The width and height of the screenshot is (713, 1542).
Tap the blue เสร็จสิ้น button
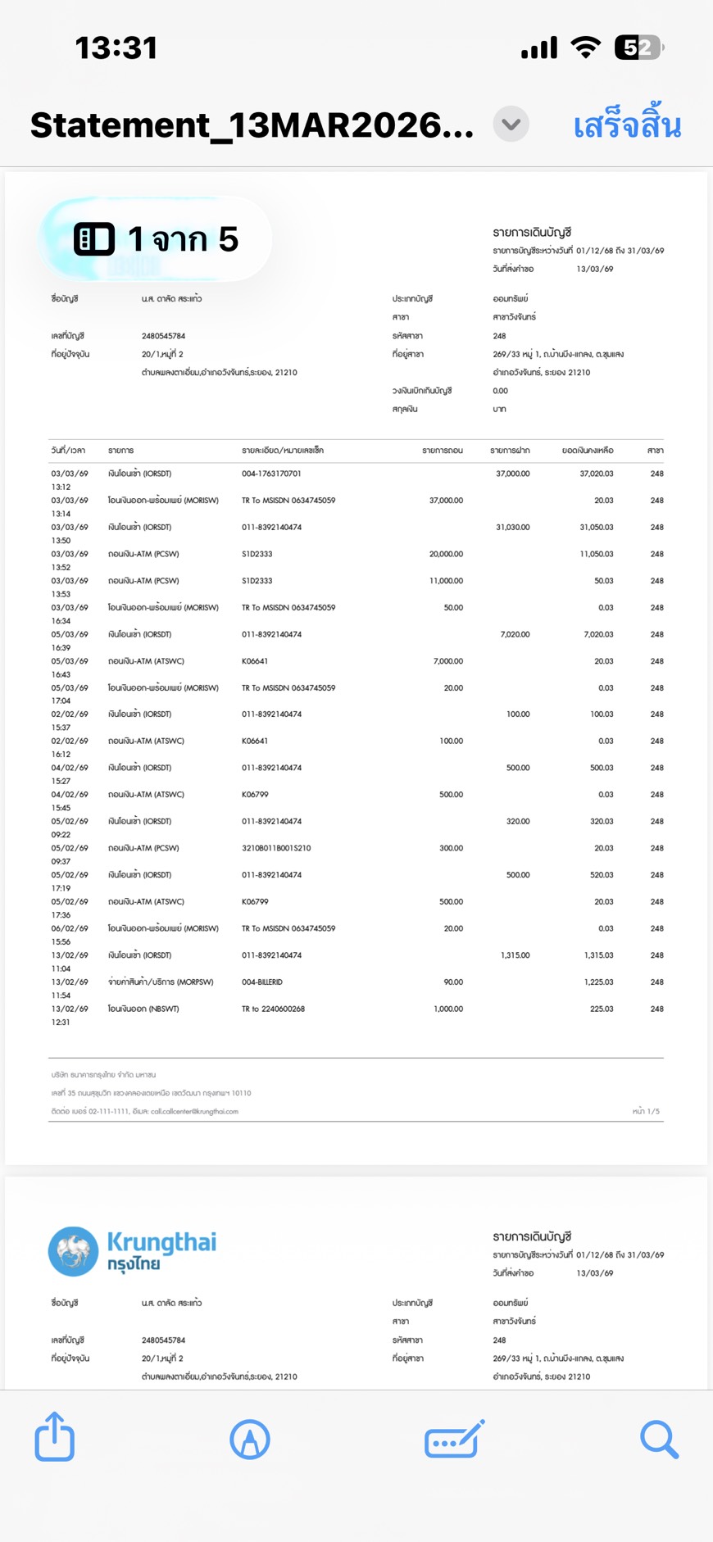coord(627,126)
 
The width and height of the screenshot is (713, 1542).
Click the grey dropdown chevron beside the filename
coord(511,125)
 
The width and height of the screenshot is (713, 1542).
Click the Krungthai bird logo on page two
coord(73,1251)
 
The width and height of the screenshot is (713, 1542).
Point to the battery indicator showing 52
coord(638,48)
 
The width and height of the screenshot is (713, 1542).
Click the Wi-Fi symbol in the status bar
coord(585,48)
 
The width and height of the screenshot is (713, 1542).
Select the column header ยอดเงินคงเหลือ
coord(587,451)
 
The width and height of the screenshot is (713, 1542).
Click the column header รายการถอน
coord(443,451)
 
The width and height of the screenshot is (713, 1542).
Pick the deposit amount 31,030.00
coord(512,528)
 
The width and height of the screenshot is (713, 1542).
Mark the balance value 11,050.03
coord(596,555)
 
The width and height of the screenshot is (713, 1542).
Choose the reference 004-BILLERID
coord(262,982)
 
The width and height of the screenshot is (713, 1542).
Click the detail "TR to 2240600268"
coord(273,1009)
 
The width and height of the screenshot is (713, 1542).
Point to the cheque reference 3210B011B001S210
coord(276,849)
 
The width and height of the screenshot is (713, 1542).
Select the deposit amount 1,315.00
coord(515,955)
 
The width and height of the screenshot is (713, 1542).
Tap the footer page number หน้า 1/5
coord(645,1112)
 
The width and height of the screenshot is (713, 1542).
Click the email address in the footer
coord(194,1112)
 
